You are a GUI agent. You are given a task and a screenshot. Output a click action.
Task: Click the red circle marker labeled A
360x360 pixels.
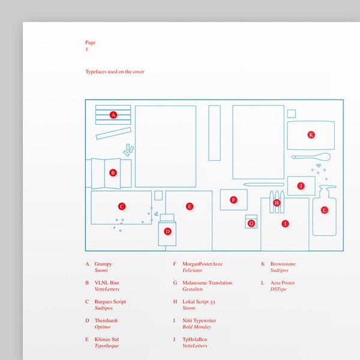113,115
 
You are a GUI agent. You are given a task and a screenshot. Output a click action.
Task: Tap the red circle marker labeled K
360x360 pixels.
311,135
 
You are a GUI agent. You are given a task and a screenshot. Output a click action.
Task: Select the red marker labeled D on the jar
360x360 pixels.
167,232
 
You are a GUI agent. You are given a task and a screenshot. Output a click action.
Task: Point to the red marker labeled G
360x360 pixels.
251,223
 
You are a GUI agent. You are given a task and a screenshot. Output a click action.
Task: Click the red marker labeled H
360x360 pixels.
277,203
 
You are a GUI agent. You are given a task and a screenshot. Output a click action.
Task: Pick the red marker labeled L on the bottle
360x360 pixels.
325,210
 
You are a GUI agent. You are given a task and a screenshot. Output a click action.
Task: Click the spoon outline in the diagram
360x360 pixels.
311,157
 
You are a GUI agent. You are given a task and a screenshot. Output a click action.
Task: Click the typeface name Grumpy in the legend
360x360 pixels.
103,264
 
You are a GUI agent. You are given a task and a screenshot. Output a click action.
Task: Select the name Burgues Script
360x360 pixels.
110,302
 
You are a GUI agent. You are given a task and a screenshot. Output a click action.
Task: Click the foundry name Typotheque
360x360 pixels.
107,346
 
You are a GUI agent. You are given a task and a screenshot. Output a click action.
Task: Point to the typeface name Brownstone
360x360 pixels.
283,264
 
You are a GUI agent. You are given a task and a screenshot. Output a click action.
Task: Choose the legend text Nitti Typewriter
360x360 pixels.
199,321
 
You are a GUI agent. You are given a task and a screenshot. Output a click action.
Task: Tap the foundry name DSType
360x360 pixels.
278,289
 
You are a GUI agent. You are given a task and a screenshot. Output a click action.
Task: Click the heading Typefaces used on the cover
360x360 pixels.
115,71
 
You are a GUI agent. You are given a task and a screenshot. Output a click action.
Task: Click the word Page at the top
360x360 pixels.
90,43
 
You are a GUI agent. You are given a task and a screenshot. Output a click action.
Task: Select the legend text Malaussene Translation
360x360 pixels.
207,283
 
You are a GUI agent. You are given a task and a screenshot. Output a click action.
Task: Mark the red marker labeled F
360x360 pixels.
233,200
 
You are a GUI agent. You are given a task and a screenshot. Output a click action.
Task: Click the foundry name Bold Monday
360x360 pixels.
197,327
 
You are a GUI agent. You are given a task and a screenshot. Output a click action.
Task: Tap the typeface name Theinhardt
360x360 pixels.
106,320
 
